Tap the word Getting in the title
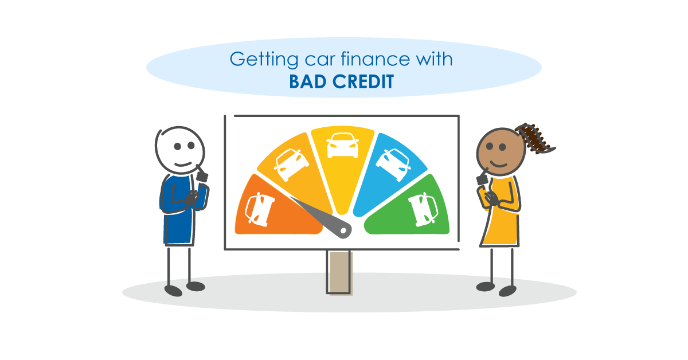coord(256,59)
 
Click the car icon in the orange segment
coord(260,209)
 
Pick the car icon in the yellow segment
coord(342,146)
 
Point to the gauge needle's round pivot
coord(344,230)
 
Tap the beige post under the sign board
coord(339,272)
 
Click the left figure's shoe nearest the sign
coord(196,286)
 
